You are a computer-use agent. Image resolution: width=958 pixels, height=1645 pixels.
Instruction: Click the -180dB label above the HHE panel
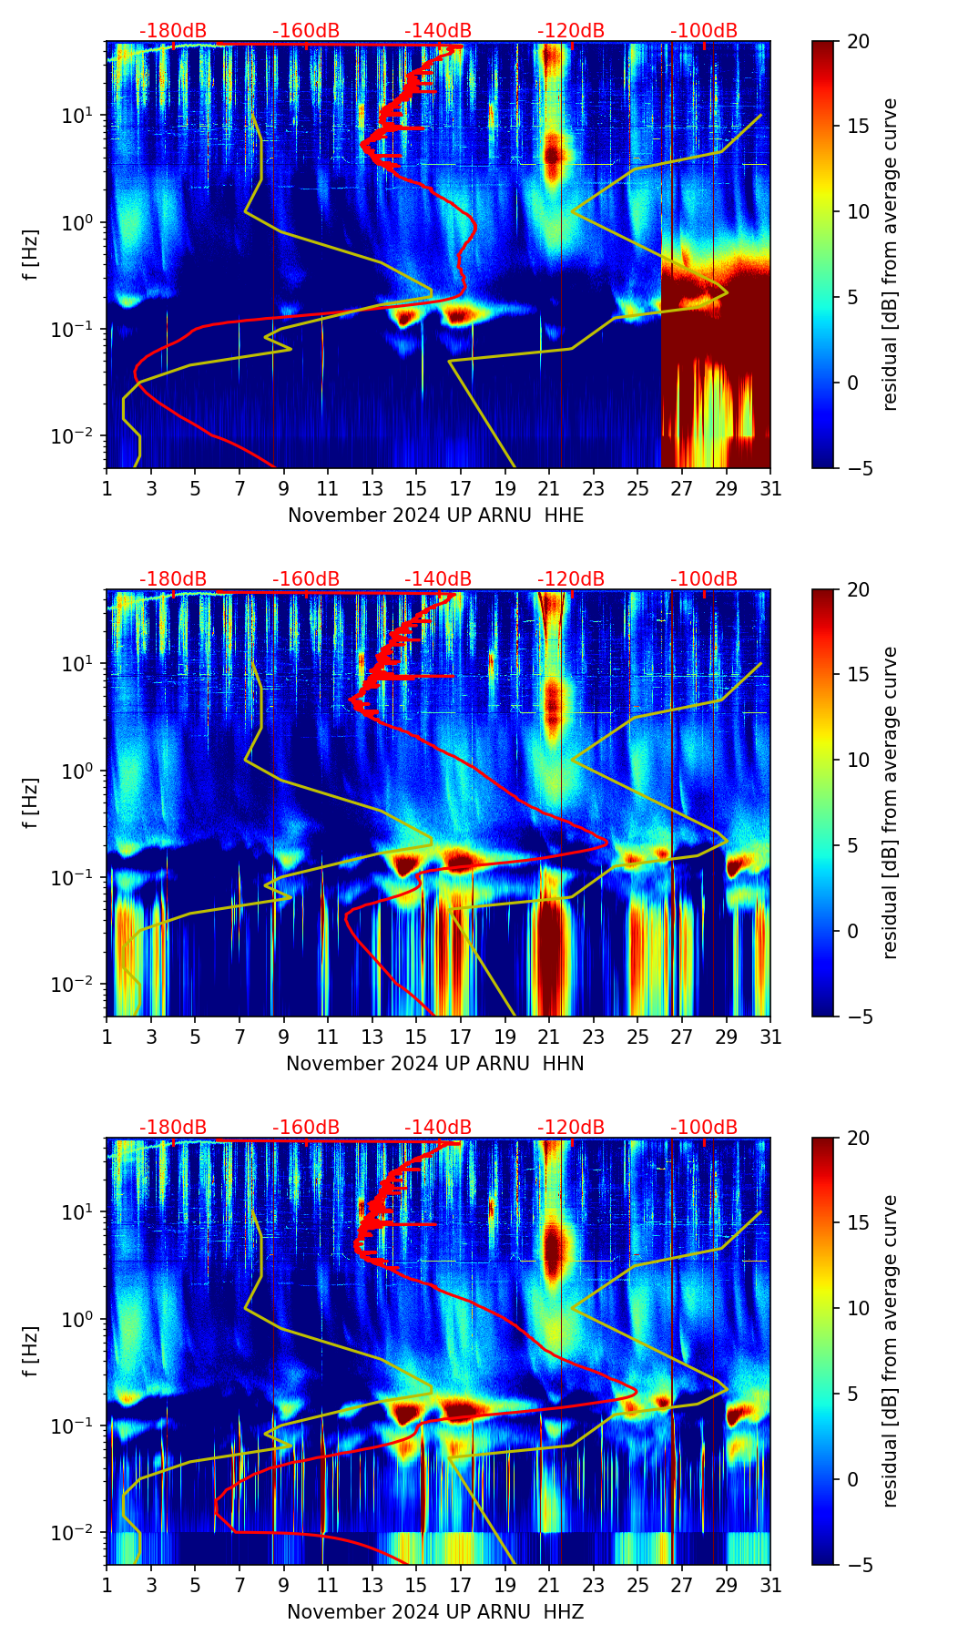pos(173,31)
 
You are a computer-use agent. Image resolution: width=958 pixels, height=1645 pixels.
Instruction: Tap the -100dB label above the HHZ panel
pos(704,1128)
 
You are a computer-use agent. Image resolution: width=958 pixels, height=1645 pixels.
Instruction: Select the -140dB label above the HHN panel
pos(438,579)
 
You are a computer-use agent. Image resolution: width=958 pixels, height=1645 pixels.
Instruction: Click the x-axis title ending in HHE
pos(435,516)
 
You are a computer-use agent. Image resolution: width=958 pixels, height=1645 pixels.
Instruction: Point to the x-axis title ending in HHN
pos(435,1064)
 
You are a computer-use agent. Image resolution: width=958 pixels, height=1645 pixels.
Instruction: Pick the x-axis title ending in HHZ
pos(435,1612)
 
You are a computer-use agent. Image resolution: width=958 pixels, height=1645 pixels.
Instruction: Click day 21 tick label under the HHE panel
pos(549,488)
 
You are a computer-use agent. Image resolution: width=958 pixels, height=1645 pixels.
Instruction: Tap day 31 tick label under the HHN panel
pos(770,1037)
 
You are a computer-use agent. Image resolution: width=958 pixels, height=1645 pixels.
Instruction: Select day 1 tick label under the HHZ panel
pos(107,1585)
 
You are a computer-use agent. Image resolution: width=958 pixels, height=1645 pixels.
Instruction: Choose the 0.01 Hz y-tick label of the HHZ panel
pos(73,1533)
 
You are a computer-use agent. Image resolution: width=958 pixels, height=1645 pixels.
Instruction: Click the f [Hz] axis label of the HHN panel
pos(31,802)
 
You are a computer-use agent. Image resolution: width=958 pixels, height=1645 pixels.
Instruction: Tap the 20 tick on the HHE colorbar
pos(858,41)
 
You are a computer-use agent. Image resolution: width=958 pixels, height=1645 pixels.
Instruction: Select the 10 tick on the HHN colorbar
pos(858,760)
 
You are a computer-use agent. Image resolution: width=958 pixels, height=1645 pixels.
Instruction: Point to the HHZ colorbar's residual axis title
pos(890,1351)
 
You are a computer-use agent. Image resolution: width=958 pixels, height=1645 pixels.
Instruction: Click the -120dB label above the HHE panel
pos(571,31)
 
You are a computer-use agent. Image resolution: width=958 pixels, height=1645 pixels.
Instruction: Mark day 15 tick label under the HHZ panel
pos(416,1585)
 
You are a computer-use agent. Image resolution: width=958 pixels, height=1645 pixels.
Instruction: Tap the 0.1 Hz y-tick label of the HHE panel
pos(73,330)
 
